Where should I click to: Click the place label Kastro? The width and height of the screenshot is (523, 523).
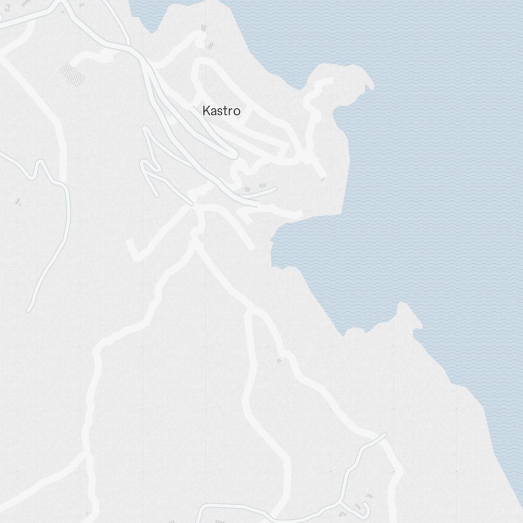[x=221, y=111]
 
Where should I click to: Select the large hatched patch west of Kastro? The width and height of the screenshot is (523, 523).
[x=72, y=74]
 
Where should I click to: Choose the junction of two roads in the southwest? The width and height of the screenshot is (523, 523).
[x=88, y=455]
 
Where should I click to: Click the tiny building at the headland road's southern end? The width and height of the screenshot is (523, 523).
[x=323, y=179]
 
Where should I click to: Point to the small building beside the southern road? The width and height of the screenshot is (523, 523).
[x=279, y=360]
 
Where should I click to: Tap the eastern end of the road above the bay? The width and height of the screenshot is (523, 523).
[x=299, y=214]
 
